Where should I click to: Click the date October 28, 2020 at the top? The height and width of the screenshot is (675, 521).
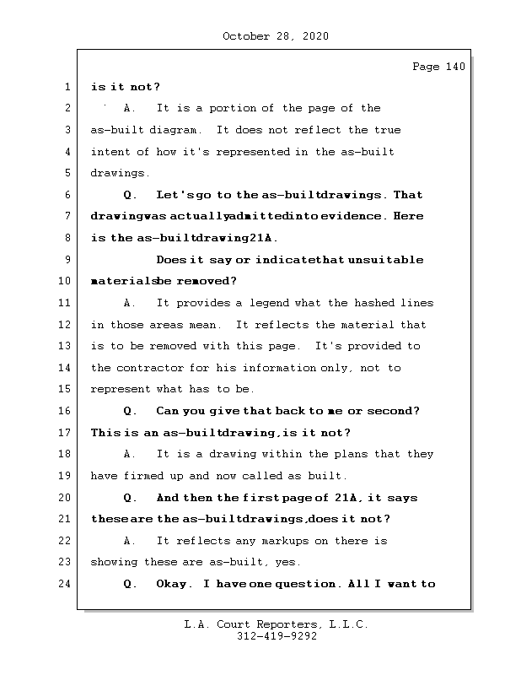pyautogui.click(x=276, y=36)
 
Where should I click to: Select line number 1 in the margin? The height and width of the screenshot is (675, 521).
pyautogui.click(x=67, y=87)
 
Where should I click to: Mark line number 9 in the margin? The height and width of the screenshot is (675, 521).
pyautogui.click(x=67, y=260)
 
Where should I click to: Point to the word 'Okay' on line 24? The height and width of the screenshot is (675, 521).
pyautogui.click(x=173, y=584)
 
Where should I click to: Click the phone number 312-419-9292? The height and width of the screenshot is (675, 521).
pyautogui.click(x=276, y=637)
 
